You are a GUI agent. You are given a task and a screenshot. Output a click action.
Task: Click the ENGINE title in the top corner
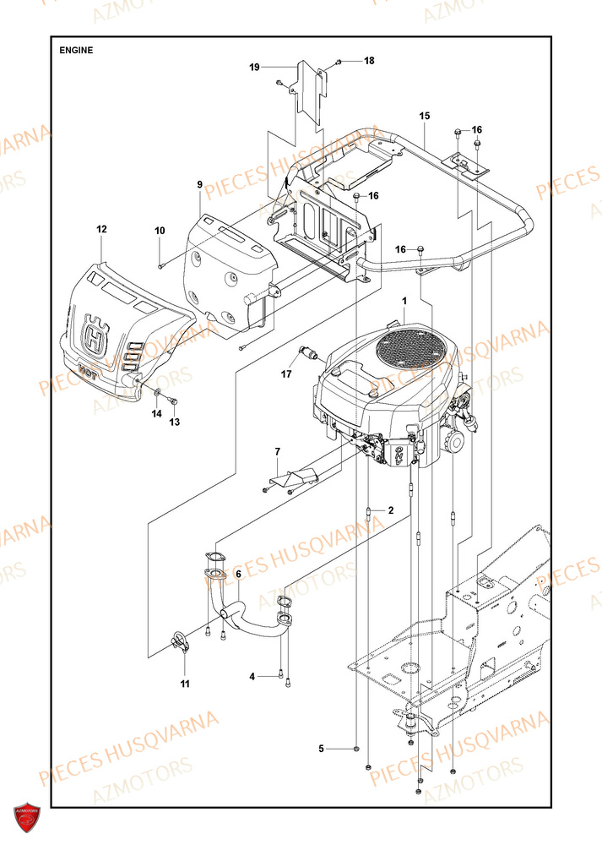click(76, 50)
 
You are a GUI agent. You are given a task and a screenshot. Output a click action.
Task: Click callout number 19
click(253, 67)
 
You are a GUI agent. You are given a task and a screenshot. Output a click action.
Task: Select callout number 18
click(368, 61)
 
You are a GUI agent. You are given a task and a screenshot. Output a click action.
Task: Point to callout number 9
click(200, 184)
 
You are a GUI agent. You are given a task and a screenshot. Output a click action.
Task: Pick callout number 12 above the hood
click(101, 229)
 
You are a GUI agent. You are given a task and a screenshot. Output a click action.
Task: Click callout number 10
click(160, 231)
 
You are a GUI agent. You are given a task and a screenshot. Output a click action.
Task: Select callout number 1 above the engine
click(404, 300)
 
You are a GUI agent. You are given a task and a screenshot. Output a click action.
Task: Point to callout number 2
click(390, 510)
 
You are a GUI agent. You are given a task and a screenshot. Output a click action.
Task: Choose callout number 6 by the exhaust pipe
click(238, 574)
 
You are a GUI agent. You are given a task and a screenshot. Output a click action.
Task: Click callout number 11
click(185, 683)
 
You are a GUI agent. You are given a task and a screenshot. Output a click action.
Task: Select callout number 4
click(252, 676)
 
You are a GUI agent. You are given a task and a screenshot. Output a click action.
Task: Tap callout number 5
click(321, 749)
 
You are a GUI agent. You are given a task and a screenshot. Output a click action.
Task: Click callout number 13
click(176, 421)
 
